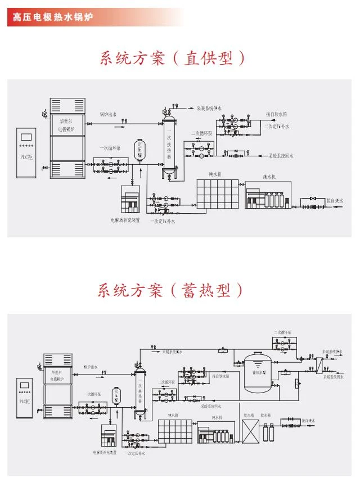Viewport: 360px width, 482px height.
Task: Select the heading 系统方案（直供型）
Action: (173, 58)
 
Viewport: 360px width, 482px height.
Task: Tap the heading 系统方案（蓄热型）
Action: (170, 291)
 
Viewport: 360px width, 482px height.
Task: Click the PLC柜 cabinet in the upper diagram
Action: (26, 152)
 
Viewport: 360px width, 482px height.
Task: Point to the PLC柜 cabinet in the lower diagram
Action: (25, 399)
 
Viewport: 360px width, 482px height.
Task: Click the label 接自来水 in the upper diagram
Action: (335, 201)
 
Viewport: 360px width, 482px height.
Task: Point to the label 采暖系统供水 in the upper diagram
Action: (209, 108)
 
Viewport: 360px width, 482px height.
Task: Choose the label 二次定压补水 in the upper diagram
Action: (277, 127)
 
